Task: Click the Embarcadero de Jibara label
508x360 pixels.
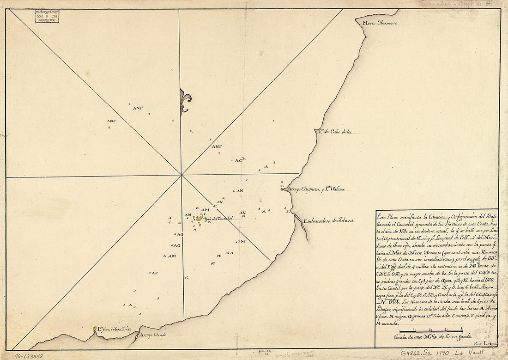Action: [x=328, y=221]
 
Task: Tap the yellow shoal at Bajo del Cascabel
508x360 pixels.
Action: [x=199, y=218]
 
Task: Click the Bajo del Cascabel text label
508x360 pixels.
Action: [x=219, y=218]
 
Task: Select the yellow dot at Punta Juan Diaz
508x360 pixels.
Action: [x=95, y=329]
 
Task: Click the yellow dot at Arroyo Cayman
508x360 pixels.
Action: [x=282, y=189]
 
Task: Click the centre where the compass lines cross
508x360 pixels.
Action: [x=181, y=175]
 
